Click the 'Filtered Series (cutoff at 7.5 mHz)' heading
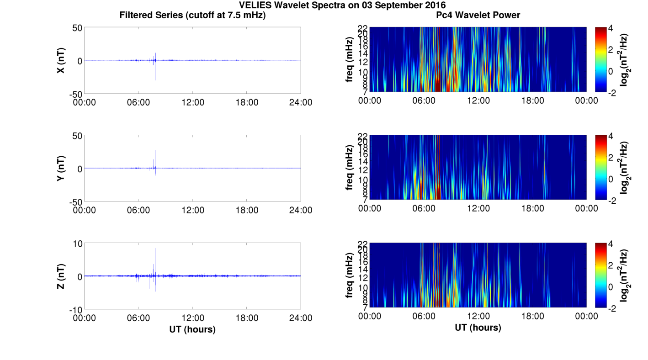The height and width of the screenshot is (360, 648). coord(192,15)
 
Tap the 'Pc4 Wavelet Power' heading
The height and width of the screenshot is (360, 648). coord(478,15)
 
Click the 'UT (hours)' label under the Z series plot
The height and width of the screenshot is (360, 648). coord(192,329)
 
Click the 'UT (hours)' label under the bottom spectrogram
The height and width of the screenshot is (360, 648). coord(478,327)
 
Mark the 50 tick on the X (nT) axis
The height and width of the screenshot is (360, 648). coord(77,28)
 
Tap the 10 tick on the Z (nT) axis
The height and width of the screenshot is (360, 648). coord(77,244)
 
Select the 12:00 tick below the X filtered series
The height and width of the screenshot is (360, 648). coord(192,102)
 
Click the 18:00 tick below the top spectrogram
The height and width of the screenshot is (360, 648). coord(532,101)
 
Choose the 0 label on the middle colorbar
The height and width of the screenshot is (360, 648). coord(612,179)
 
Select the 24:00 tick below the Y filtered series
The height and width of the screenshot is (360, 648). coord(301,210)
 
